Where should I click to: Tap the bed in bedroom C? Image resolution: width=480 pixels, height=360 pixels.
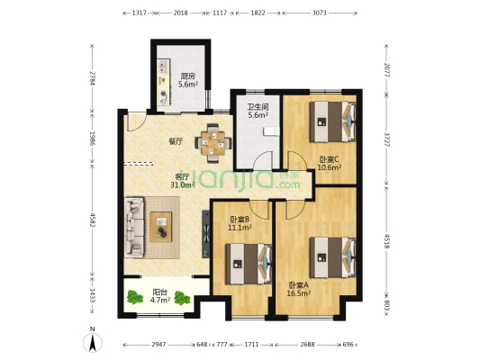tap(330, 117)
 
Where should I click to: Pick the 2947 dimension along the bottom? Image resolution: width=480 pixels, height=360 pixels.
tap(158, 345)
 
